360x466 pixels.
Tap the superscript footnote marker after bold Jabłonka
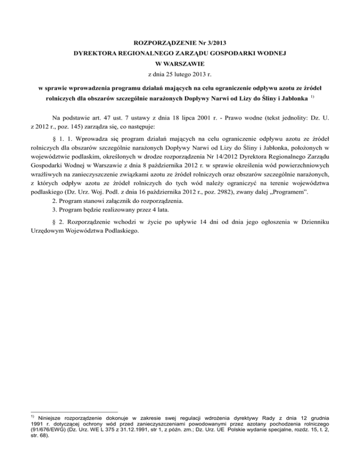coord(311,98)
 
